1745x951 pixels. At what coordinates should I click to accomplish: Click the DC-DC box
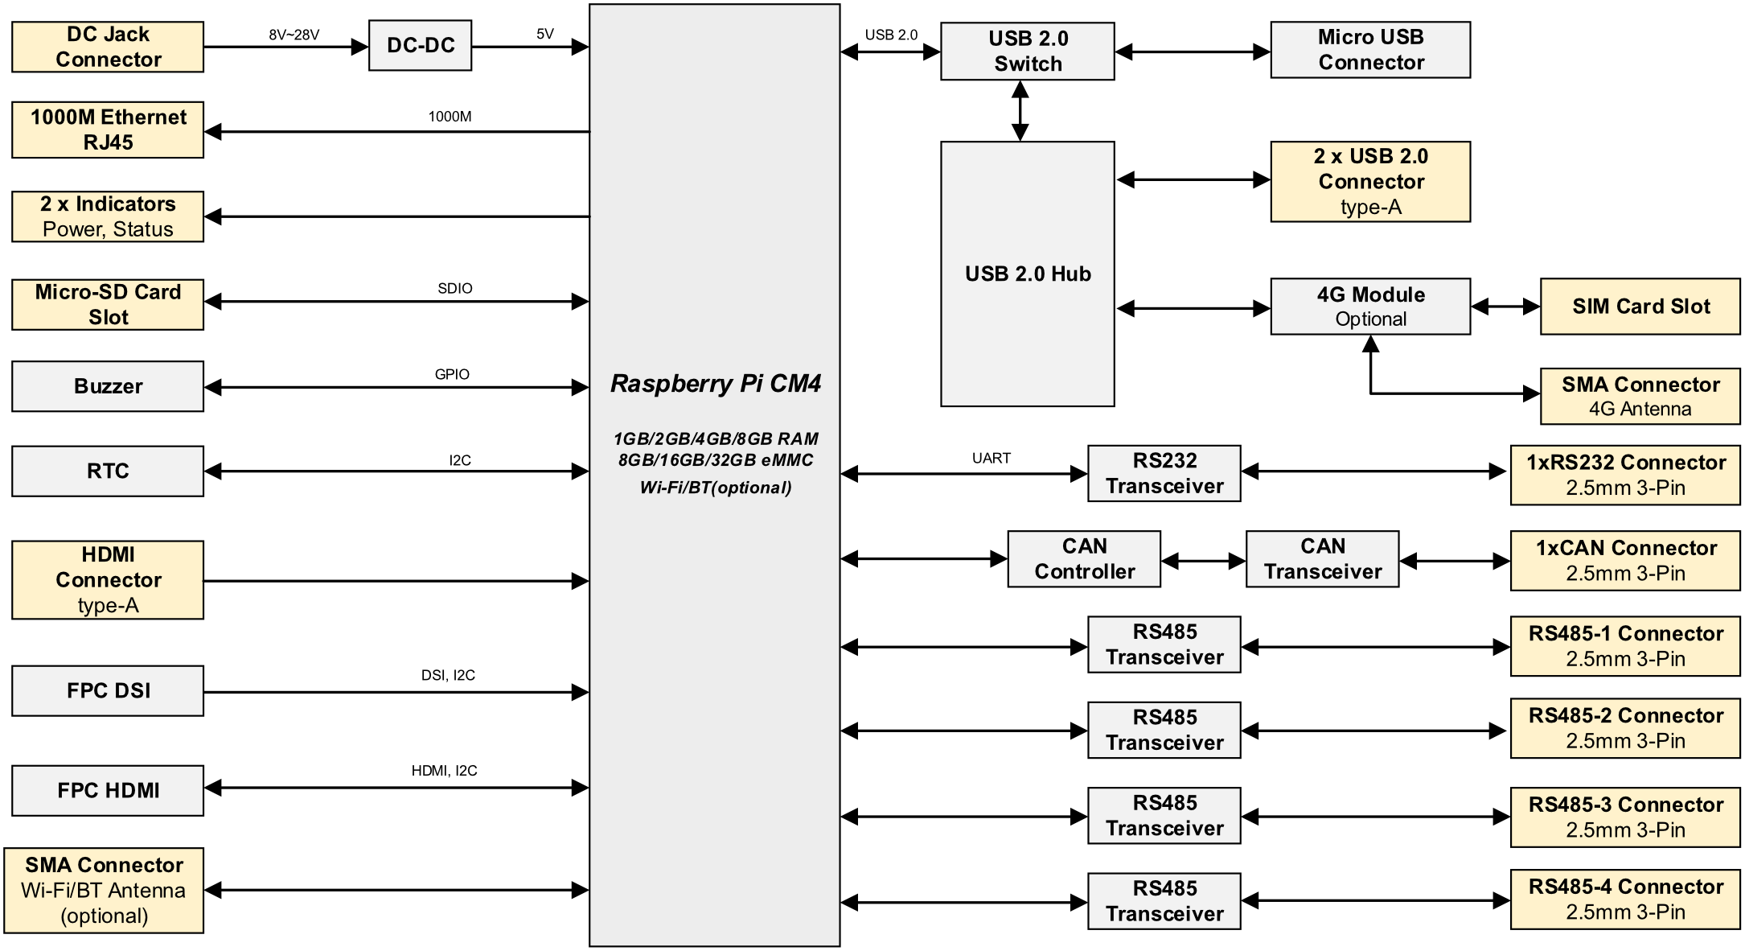(420, 46)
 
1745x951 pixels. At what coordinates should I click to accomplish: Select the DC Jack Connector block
(108, 47)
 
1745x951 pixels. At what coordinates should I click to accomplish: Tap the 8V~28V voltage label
(294, 35)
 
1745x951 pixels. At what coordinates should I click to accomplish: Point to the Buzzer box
(108, 386)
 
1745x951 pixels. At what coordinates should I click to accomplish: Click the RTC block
(108, 471)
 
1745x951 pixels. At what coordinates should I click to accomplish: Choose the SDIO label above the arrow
(455, 288)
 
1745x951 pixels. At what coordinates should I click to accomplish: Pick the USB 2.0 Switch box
(1028, 51)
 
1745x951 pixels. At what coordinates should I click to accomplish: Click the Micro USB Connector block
(1370, 50)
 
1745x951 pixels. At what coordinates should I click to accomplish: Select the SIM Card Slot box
(1640, 307)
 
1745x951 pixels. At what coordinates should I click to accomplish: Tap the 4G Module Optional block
(1370, 307)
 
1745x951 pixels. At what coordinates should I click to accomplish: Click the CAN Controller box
(1084, 559)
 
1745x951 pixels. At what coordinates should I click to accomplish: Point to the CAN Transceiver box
(1323, 559)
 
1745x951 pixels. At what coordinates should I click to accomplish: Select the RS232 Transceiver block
(1164, 474)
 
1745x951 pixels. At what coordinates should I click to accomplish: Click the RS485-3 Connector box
(1625, 817)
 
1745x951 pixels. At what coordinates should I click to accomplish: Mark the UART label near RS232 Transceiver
(992, 458)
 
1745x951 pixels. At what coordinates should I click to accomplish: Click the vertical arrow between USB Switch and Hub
(1020, 111)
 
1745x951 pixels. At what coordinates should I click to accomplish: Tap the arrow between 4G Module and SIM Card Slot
(1505, 307)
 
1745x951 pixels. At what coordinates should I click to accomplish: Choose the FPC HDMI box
(108, 791)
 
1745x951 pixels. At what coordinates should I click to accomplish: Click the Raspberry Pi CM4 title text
(716, 384)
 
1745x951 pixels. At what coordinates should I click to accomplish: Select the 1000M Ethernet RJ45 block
(108, 130)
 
